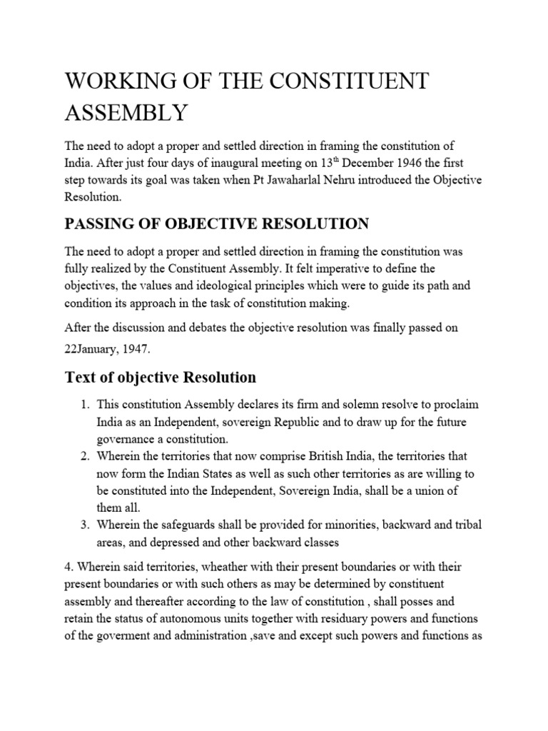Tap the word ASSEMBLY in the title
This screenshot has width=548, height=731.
[126, 112]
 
